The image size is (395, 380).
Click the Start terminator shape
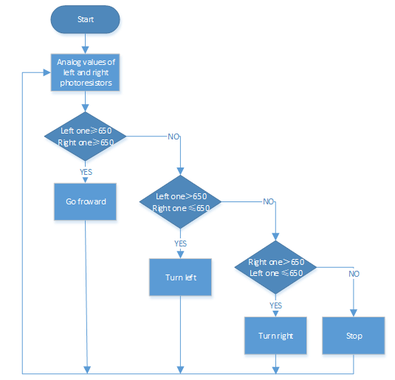pyautogui.click(x=85, y=19)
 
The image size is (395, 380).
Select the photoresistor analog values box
pyautogui.click(x=85, y=72)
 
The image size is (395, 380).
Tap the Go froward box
pyautogui.click(x=85, y=201)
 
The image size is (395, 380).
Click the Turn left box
pyautogui.click(x=180, y=277)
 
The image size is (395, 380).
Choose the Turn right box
pyautogui.click(x=275, y=336)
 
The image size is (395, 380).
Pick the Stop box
pyautogui.click(x=354, y=336)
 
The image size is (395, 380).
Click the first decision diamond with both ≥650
pyautogui.click(x=85, y=137)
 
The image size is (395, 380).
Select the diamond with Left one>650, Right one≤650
pyautogui.click(x=180, y=201)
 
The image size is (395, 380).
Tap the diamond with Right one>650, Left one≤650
pyautogui.click(x=275, y=267)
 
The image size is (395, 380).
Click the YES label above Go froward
pyautogui.click(x=86, y=172)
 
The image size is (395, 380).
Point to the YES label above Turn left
pyautogui.click(x=181, y=243)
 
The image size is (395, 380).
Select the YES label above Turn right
pyautogui.click(x=276, y=305)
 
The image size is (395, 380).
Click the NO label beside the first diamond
pyautogui.click(x=174, y=137)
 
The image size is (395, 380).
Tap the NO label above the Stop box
pyautogui.click(x=354, y=274)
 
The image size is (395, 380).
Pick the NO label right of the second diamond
pyautogui.click(x=269, y=201)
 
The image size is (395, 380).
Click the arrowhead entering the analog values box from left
pyautogui.click(x=47, y=72)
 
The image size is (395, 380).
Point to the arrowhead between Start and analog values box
pyautogui.click(x=86, y=50)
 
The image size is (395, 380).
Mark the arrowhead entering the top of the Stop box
pyautogui.click(x=354, y=314)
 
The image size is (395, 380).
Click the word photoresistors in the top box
pyautogui.click(x=86, y=83)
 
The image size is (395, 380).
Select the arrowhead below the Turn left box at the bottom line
pyautogui.click(x=180, y=370)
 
